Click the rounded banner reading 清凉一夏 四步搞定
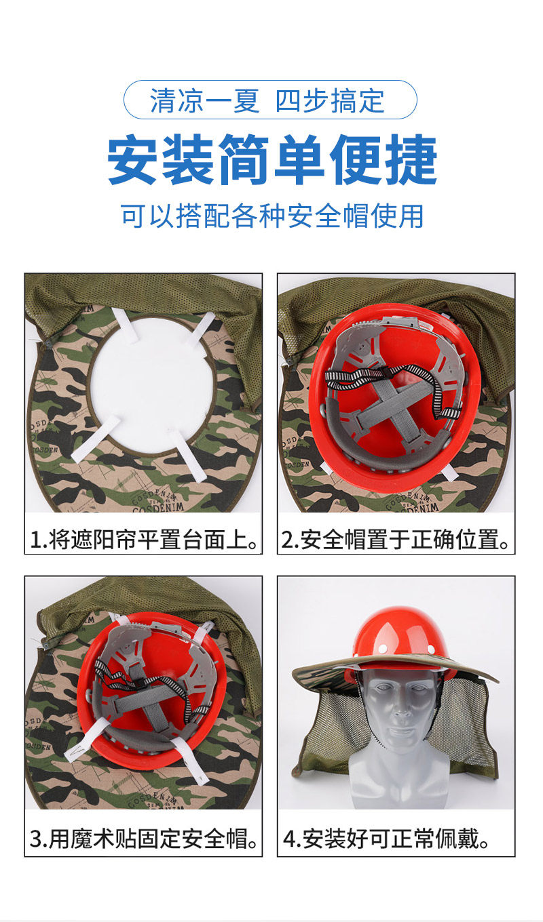click(x=270, y=100)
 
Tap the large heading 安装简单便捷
click(x=272, y=160)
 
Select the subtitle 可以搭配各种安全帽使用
click(x=272, y=216)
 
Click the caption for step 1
click(x=144, y=539)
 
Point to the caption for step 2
click(x=396, y=539)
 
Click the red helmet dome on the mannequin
click(x=396, y=634)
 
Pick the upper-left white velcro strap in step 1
click(x=126, y=325)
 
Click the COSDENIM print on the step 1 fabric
click(x=157, y=502)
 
